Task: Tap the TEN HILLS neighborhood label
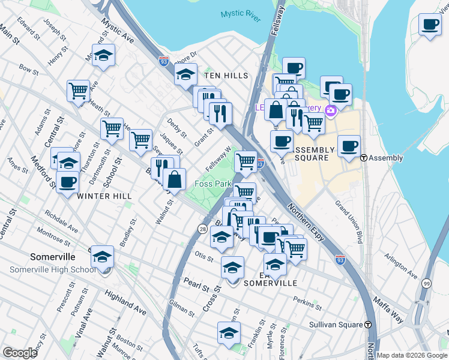pyautogui.click(x=226, y=76)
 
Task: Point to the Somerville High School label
pyautogui.click(x=52, y=269)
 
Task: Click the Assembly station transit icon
pyautogui.click(x=364, y=158)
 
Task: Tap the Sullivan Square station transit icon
pyautogui.click(x=367, y=325)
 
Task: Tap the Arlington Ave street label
pyautogui.click(x=402, y=266)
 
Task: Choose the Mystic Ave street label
pyautogui.click(x=118, y=31)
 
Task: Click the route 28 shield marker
pyautogui.click(x=203, y=229)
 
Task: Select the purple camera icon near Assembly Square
pyautogui.click(x=330, y=110)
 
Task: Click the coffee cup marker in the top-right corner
pyautogui.click(x=429, y=25)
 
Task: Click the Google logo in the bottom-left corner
pyautogui.click(x=20, y=353)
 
